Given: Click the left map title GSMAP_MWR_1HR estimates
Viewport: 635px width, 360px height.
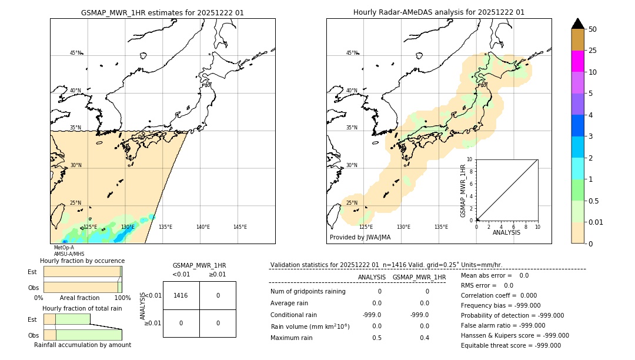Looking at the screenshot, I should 162,12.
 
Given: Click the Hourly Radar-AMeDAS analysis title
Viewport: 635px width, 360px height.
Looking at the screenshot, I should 439,12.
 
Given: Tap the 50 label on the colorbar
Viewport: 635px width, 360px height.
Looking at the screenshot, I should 593,29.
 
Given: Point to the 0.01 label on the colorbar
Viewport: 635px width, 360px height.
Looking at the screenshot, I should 596,222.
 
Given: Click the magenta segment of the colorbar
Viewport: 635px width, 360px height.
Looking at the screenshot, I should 577,61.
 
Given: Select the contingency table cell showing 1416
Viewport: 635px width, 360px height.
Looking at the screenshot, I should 181,295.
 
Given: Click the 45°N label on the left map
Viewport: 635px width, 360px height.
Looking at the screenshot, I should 76,53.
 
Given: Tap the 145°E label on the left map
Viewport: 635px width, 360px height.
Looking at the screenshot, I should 240,227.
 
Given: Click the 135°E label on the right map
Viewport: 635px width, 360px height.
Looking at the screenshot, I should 441,227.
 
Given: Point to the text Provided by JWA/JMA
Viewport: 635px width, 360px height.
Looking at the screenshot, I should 360,237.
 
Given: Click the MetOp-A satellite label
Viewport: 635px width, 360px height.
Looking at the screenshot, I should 63,248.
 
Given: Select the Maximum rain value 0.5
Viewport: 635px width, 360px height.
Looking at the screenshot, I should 376,338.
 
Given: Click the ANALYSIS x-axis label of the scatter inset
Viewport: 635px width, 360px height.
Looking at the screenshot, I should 506,232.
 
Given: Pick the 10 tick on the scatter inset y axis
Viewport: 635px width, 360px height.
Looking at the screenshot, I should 469,159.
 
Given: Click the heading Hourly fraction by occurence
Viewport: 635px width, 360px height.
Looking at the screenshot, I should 82,261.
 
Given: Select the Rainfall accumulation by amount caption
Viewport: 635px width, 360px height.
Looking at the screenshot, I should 82,345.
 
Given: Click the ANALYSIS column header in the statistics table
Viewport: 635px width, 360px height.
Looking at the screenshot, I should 372,277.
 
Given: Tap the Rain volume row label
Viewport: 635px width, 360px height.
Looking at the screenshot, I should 310,326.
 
